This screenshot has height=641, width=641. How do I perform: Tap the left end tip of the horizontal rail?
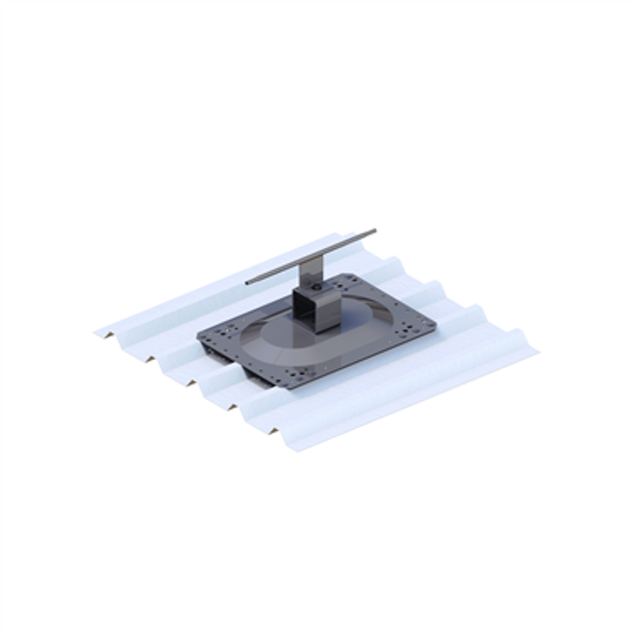247,282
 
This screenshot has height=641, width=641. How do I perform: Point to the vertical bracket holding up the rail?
311,274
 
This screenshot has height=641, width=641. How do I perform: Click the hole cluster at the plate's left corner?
215,334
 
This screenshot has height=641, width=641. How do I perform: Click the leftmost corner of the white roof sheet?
96,332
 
